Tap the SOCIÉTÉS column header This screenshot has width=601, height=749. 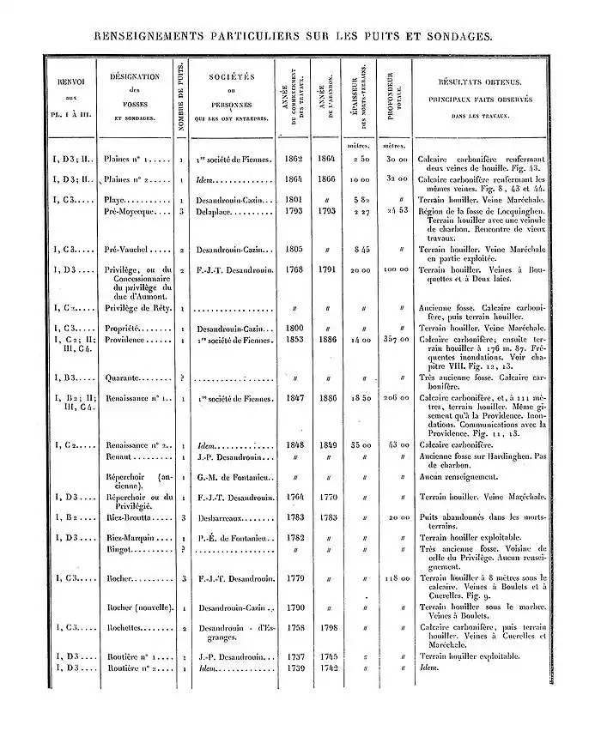232,76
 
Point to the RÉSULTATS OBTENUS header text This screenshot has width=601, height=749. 480,82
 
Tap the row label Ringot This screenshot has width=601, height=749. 119,547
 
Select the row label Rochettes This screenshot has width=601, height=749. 125,626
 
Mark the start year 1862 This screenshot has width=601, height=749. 294,159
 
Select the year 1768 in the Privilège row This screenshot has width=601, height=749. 294,269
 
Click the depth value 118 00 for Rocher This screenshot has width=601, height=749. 394,578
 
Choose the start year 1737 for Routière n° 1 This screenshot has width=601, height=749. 294,656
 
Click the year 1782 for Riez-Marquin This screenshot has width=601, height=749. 294,537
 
